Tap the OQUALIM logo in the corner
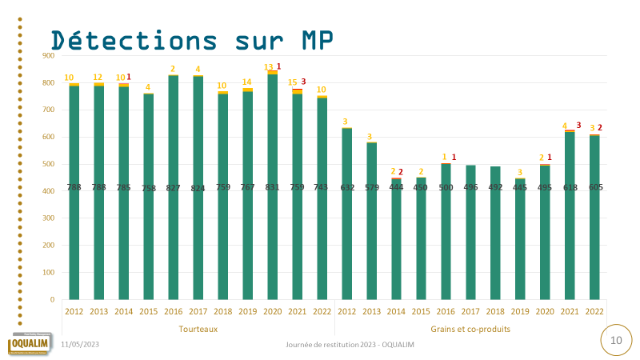tap(29, 343)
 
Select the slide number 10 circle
tap(616, 340)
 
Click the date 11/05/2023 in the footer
tap(80, 344)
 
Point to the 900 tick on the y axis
tap(48, 55)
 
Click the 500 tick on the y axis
tap(48, 164)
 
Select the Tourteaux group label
tap(198, 329)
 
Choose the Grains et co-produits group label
tap(470, 329)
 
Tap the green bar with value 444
tap(396, 256)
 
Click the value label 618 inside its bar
tap(570, 187)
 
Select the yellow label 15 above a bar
tap(293, 82)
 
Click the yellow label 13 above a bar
tap(269, 67)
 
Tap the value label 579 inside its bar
tap(371, 187)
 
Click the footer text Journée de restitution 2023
tap(350, 344)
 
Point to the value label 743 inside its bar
tap(322, 187)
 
